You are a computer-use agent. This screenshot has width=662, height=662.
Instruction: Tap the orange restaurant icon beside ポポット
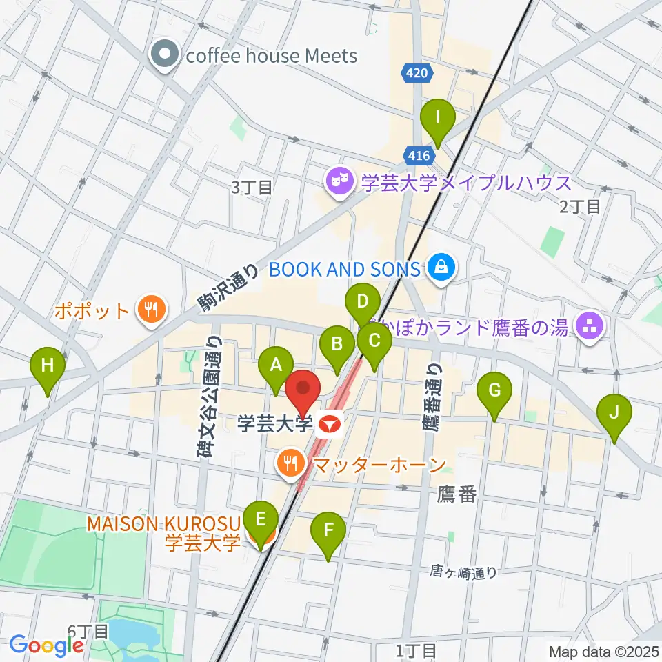click(150, 310)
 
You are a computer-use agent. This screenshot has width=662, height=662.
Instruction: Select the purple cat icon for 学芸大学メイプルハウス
click(339, 183)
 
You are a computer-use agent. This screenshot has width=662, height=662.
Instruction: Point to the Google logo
click(47, 645)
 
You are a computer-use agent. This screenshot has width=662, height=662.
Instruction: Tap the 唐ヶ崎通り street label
click(463, 572)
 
